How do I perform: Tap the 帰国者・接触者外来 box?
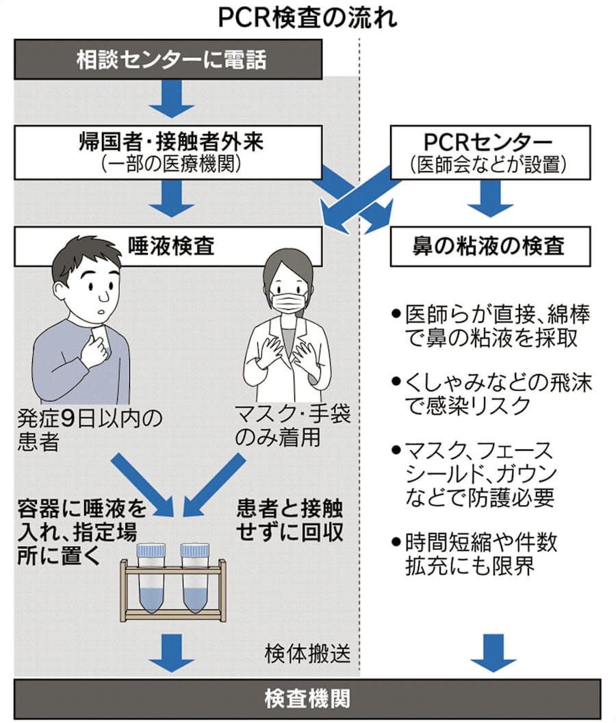169,152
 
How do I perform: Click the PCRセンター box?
490,152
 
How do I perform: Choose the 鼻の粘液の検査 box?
489,246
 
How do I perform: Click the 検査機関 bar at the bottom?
307,698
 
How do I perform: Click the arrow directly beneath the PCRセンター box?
490,199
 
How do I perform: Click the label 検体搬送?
307,654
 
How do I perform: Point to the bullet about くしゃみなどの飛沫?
490,394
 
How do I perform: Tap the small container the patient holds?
99,340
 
